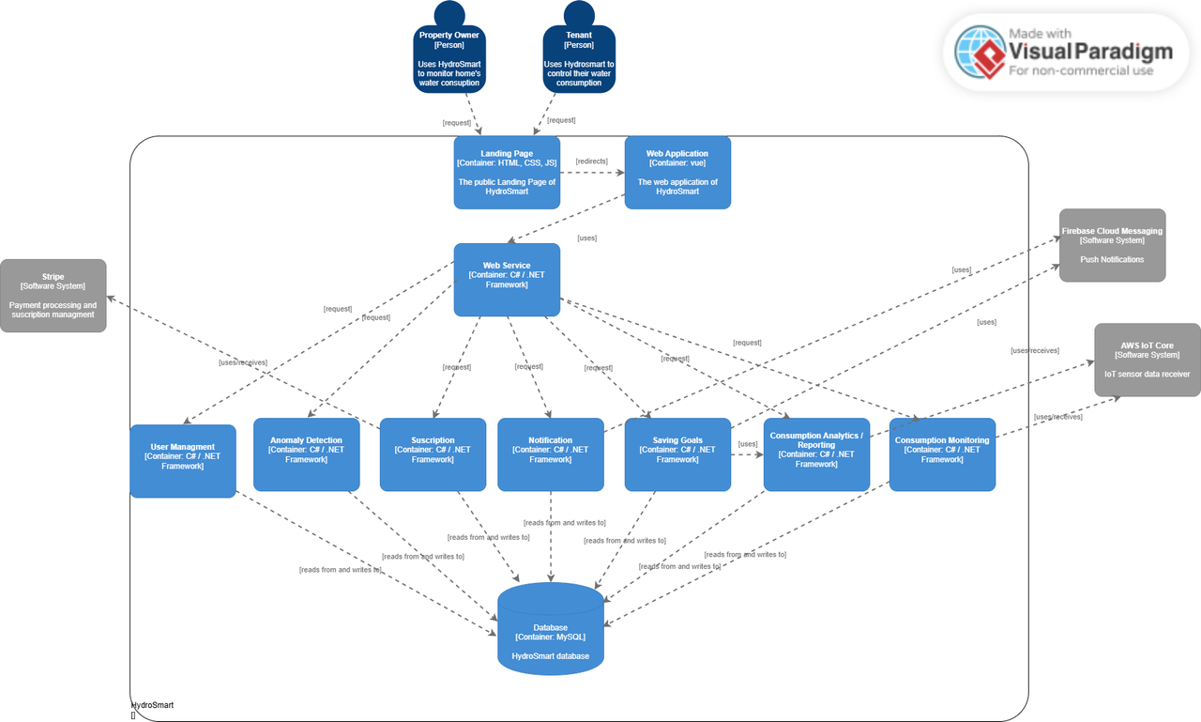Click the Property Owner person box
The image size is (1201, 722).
(x=449, y=59)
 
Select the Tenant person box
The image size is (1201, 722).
(x=579, y=59)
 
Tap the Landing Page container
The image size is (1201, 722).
(x=507, y=173)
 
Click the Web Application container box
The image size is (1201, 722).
(x=677, y=173)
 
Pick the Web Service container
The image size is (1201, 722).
(x=507, y=280)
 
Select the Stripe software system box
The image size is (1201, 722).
(x=53, y=296)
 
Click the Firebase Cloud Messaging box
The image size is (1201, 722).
(x=1112, y=245)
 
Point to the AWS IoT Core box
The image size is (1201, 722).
(x=1147, y=360)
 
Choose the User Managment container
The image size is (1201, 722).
(x=183, y=457)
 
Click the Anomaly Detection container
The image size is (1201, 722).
(x=306, y=454)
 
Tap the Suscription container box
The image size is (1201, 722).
(x=433, y=454)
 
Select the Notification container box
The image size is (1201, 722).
(x=551, y=454)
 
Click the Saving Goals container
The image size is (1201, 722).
(x=677, y=454)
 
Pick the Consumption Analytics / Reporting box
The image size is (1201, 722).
(x=816, y=454)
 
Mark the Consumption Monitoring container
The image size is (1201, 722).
(x=942, y=454)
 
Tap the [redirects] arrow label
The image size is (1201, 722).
(x=591, y=161)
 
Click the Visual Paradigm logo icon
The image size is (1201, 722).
(x=981, y=52)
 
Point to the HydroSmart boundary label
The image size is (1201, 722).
(x=152, y=705)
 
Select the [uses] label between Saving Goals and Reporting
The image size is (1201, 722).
(x=748, y=444)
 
